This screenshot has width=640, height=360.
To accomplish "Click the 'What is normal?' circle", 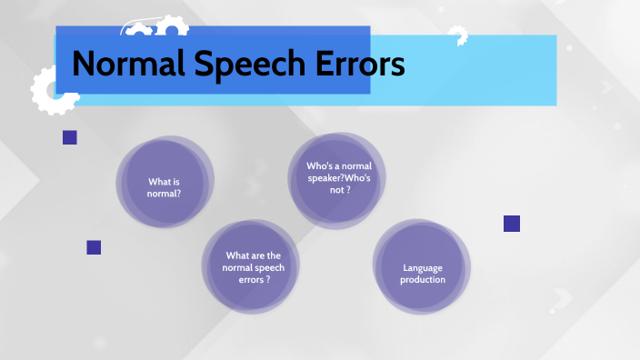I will coord(165,186).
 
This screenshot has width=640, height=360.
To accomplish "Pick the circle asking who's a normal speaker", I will coord(338,176).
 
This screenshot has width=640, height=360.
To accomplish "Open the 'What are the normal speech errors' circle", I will coord(254,267).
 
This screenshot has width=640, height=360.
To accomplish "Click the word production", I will coord(424,279).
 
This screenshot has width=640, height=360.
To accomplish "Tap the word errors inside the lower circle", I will coord(252,280).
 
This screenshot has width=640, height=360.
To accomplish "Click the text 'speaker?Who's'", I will coord(338,177).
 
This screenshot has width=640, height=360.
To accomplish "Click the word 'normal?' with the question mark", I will coord(165,194).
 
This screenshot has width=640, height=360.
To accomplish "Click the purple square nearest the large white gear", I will coord(69,137).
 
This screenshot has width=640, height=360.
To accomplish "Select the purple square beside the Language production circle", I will coord(511,224).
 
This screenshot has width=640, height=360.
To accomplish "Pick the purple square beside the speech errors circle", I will coord(94,246).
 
